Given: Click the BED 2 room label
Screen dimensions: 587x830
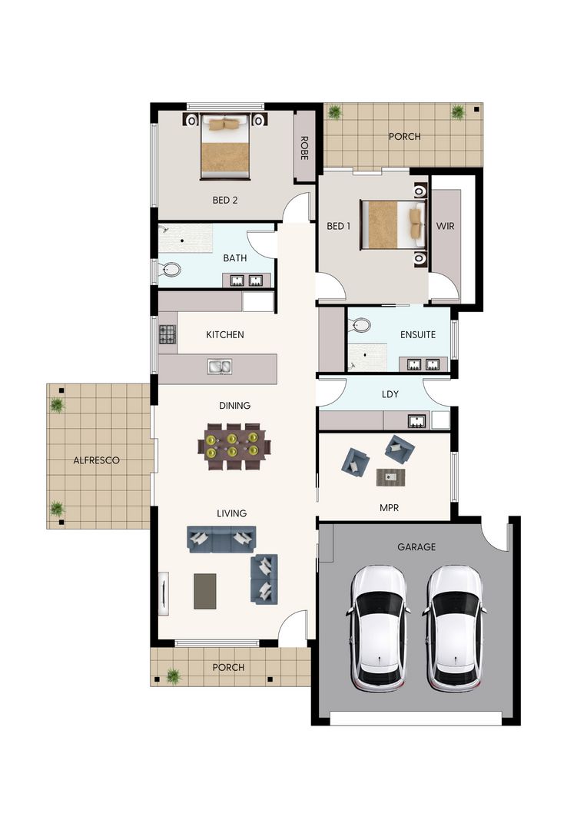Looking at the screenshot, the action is (x=225, y=200).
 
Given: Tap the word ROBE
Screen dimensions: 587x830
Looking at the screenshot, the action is (x=304, y=148).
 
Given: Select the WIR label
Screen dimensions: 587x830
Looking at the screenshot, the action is (x=445, y=226).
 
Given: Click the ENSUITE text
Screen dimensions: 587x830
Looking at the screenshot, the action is (x=418, y=334).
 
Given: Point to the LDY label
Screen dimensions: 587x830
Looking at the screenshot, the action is (x=390, y=394).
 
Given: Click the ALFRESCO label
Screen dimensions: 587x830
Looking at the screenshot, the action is (x=96, y=460).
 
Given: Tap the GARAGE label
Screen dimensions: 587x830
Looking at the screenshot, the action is (x=416, y=547).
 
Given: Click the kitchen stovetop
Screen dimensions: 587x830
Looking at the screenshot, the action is (x=167, y=334).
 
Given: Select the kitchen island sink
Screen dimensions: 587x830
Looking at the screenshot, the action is (x=220, y=367).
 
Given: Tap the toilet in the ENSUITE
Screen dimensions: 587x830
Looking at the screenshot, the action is (x=361, y=324).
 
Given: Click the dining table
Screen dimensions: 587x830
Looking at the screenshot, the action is (x=233, y=446).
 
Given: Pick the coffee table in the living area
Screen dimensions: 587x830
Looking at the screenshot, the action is (x=205, y=591).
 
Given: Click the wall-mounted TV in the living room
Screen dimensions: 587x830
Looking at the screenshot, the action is (x=164, y=593).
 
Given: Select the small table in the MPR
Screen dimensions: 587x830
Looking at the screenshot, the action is (x=391, y=477).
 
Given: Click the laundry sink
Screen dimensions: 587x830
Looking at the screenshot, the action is (x=418, y=421).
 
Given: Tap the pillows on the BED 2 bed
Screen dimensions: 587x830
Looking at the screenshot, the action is (x=225, y=125).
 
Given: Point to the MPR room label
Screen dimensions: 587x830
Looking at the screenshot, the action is (x=389, y=508).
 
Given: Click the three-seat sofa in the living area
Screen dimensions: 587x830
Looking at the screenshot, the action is (x=222, y=539).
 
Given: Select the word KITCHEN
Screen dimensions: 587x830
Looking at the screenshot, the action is (x=225, y=334).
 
